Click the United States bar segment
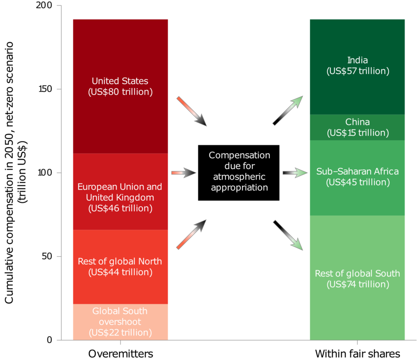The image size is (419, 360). [121, 86]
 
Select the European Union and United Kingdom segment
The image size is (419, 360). [121, 192]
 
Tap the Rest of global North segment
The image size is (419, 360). [121, 267]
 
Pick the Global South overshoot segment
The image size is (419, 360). [121, 322]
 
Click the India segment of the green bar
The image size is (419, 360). [357, 67]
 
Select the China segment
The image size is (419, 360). [357, 127]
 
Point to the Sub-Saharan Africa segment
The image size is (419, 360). [357, 178]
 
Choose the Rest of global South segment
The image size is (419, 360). [357, 278]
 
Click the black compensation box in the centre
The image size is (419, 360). [239, 173]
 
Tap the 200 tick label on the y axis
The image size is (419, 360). [44, 5]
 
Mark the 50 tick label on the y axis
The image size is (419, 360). [47, 256]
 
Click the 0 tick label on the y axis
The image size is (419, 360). [50, 340]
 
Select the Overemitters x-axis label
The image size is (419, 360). [121, 353]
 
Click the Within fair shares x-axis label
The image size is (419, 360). [358, 353]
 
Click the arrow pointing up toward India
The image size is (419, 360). [288, 110]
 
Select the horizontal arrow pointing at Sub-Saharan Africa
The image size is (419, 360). [295, 173]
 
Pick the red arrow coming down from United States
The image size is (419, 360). [191, 111]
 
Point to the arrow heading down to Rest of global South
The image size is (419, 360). [288, 235]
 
